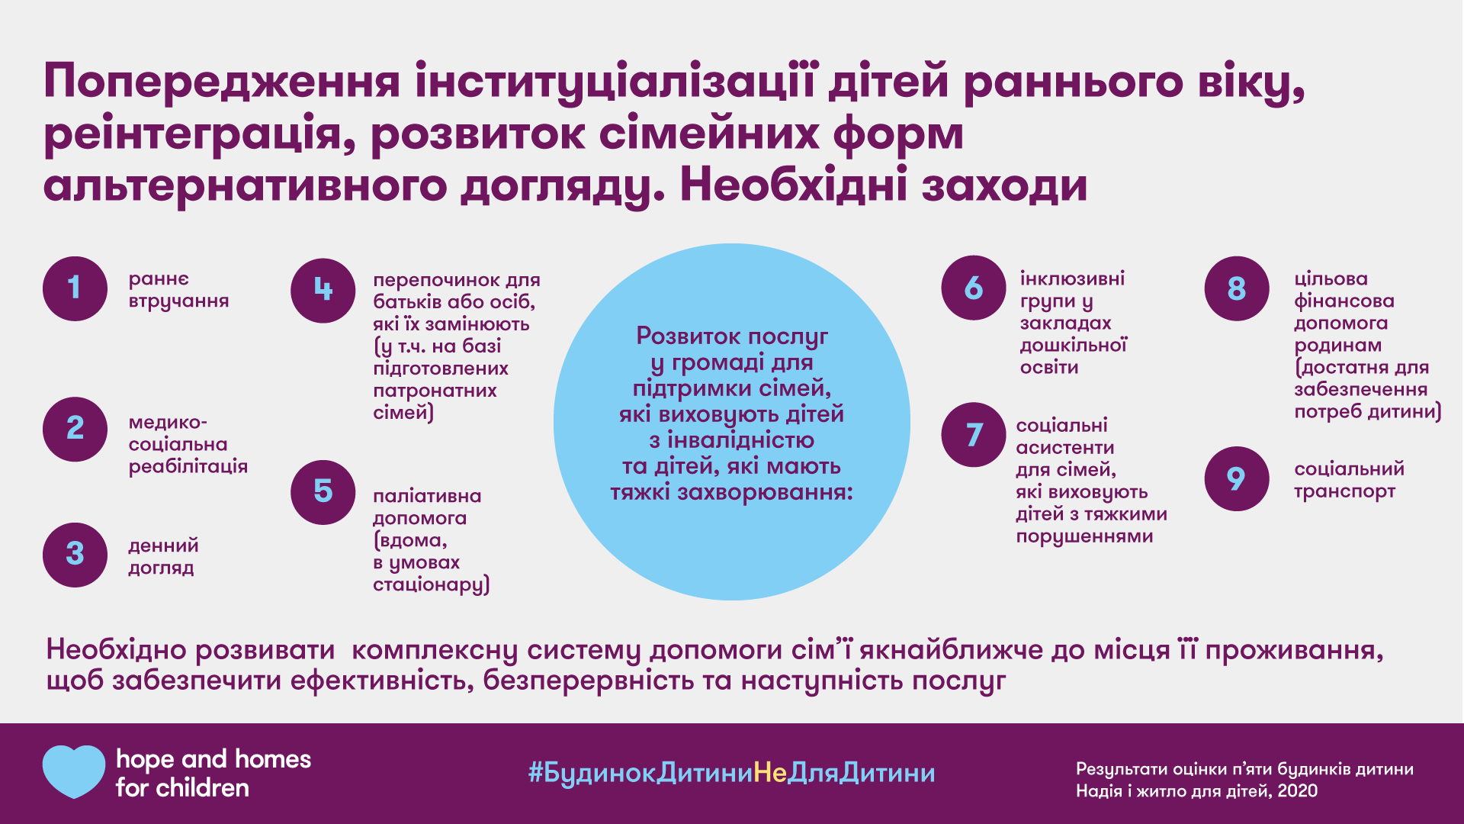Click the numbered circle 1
(75, 288)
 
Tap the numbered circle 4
(323, 291)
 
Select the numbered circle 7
(974, 435)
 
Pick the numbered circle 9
(1237, 478)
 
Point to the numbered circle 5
(323, 492)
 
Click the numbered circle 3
(75, 555)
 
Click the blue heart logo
(74, 771)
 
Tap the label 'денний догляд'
(163, 556)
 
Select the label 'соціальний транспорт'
(1349, 480)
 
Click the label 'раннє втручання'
(178, 290)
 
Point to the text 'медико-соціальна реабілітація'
(188, 444)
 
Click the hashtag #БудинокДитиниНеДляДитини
(732, 773)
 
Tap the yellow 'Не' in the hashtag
(770, 773)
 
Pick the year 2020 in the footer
(1298, 791)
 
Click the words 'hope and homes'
(213, 759)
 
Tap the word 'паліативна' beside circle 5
(427, 496)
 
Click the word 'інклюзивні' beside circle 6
(1072, 279)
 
